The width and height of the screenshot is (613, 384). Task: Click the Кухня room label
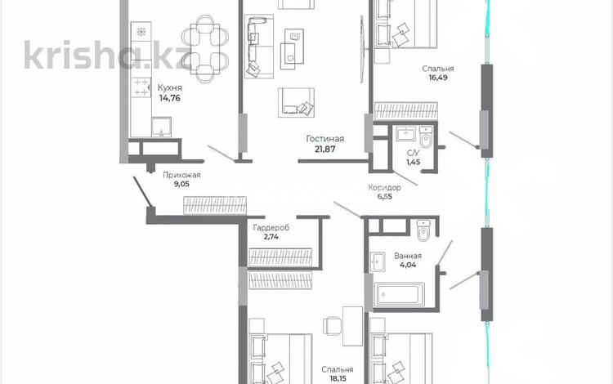point(170,88)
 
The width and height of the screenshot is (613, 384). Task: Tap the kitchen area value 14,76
point(170,98)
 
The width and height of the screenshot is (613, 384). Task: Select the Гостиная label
point(324,139)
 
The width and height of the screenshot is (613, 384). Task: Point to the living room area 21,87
point(324,149)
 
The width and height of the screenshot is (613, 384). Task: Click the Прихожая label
point(181,175)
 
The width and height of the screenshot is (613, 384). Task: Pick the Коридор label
point(384,188)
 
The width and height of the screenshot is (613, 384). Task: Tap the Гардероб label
point(271,227)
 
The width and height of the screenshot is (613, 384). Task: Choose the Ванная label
point(408,256)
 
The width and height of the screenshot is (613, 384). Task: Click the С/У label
point(414,153)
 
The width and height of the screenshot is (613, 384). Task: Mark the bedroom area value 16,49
point(438,78)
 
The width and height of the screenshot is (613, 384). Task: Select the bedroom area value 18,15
point(338,378)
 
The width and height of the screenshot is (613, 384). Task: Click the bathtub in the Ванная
point(399,295)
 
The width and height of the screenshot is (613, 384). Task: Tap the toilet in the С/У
point(426,136)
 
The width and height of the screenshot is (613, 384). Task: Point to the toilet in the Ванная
point(423,230)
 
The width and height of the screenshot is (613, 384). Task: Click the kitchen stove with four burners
point(141,87)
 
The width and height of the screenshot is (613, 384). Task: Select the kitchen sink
point(161,127)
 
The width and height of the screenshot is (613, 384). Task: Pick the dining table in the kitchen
point(204,49)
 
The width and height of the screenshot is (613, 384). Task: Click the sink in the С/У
point(405,133)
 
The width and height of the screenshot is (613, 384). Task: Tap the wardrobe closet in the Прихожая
point(215,205)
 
